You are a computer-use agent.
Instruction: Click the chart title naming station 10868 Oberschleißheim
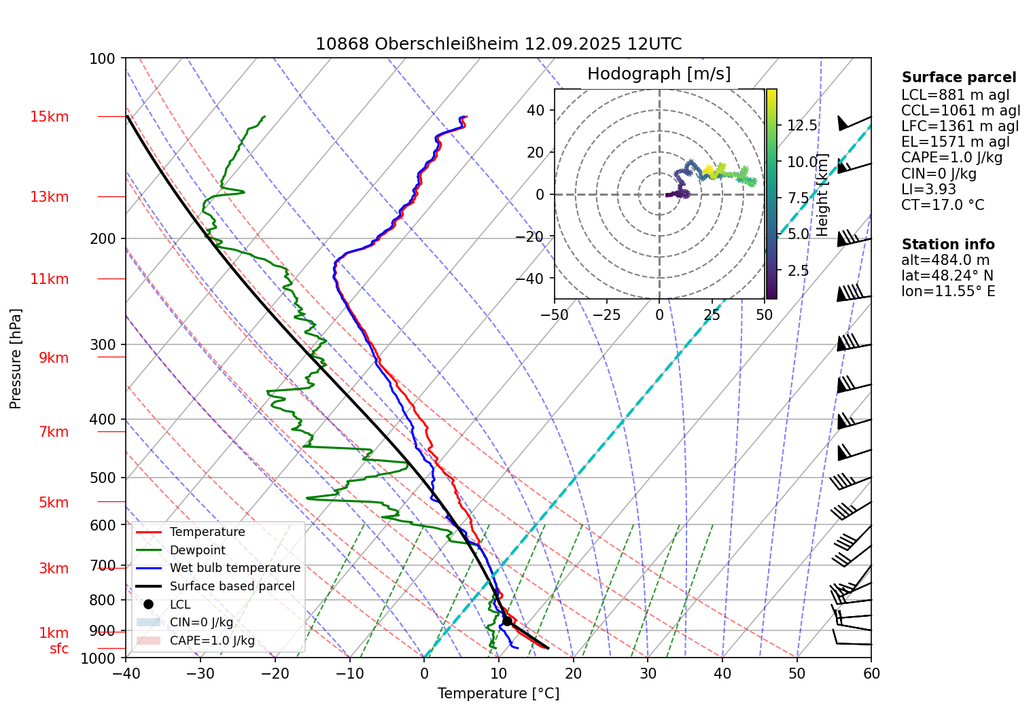click(498, 44)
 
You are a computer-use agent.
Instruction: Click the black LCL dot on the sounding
click(507, 621)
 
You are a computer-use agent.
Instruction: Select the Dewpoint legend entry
click(197, 550)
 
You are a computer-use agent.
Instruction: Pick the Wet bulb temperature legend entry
click(234, 568)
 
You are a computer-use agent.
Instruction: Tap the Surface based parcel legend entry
click(232, 586)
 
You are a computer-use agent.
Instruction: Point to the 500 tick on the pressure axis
click(103, 478)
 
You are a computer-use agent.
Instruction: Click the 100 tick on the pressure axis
click(103, 59)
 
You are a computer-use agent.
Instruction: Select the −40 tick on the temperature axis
click(126, 673)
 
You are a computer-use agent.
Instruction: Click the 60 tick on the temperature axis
click(871, 673)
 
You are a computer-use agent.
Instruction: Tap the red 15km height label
click(49, 117)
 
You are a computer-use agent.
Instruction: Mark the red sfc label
click(59, 649)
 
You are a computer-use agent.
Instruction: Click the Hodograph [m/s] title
click(659, 74)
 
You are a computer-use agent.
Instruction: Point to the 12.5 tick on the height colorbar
click(802, 126)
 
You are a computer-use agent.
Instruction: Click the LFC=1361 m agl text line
click(960, 126)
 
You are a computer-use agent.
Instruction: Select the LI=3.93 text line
click(928, 190)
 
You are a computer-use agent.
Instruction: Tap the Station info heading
click(948, 245)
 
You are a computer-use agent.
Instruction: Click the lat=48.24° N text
click(947, 276)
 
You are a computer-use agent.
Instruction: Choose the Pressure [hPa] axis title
click(16, 359)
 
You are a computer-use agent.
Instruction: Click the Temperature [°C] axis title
click(498, 694)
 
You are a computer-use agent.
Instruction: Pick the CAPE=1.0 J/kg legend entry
click(212, 641)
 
